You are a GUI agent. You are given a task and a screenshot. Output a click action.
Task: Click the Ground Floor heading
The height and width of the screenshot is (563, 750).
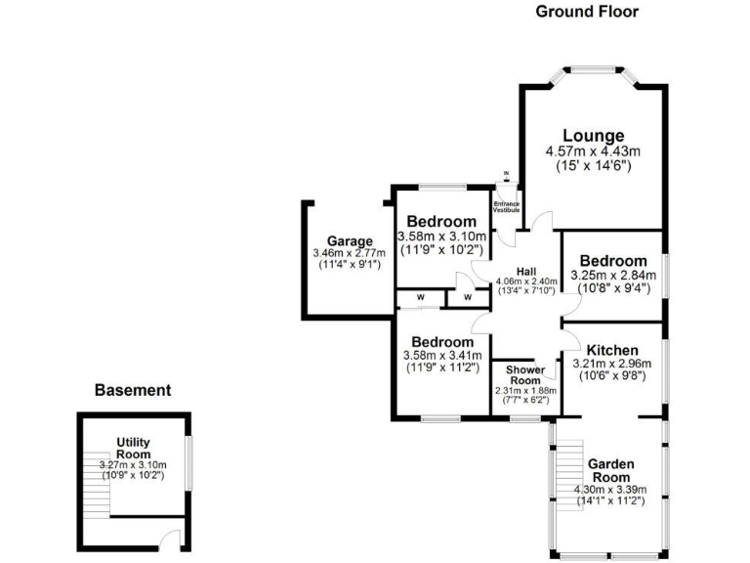[586, 12]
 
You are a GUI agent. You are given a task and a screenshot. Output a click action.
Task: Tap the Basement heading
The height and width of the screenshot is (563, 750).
[133, 390]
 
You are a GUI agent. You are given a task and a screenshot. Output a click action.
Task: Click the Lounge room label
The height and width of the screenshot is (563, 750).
[593, 135]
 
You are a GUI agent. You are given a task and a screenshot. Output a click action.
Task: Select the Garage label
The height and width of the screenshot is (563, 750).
[350, 241]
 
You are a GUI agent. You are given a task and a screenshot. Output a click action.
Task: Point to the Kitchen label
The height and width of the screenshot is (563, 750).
[612, 350]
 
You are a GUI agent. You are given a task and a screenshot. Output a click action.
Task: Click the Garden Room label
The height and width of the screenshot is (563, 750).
[611, 470]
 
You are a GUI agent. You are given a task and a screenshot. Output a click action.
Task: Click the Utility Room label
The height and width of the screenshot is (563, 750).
[133, 449]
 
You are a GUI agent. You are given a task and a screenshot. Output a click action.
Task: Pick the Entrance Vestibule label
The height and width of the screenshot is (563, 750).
[506, 206]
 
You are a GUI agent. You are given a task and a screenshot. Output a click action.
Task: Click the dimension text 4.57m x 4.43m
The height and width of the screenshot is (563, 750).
[592, 152]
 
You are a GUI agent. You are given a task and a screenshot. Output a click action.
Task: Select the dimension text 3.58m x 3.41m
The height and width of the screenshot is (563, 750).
[441, 356]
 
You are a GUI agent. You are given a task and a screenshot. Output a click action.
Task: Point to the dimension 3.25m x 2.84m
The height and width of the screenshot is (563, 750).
[613, 276]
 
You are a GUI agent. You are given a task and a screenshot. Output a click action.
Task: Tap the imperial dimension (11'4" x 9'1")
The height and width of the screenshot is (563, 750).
[350, 265]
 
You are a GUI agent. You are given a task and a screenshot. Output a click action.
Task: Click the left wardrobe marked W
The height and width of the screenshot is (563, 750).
[420, 297]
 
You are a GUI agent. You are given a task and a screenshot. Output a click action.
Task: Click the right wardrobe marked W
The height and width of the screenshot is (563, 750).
[467, 297]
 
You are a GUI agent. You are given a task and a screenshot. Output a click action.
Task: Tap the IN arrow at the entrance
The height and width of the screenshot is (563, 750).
[506, 178]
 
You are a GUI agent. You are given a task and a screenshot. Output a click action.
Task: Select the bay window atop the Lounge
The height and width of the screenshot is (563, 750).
[594, 70]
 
